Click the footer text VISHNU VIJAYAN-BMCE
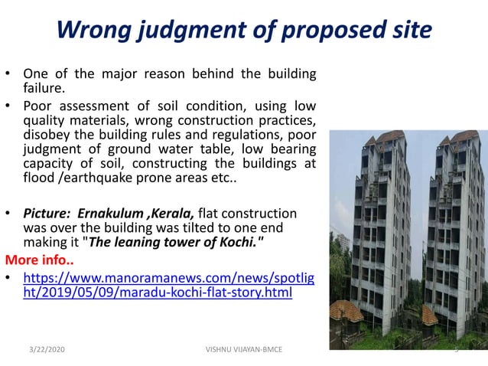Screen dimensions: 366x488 [x=244, y=349]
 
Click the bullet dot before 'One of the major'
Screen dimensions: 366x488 [x=8, y=75]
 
